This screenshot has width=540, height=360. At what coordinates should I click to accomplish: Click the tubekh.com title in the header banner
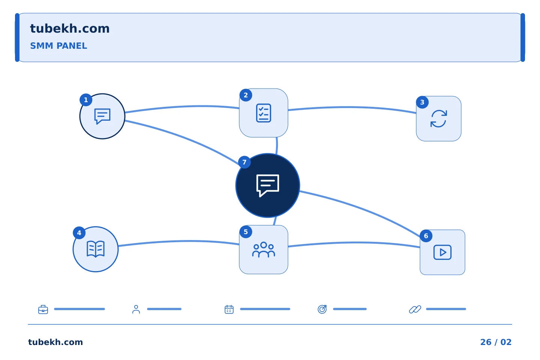pos(70,28)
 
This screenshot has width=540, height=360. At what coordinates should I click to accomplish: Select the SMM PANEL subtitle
pos(58,46)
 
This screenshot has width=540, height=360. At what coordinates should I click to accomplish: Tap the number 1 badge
pos(86,100)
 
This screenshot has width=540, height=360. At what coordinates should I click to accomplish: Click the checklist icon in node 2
pos(264,113)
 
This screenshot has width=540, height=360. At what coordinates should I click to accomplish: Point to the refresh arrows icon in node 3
pos(438,118)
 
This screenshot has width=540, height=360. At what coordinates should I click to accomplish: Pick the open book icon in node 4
pos(96,249)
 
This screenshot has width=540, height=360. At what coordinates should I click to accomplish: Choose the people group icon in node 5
pos(264,250)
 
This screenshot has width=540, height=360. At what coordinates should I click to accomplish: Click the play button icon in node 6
pos(442,252)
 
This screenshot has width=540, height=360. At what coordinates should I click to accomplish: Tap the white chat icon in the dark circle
pos(268,185)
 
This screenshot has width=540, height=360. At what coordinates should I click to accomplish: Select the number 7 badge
pos(244,162)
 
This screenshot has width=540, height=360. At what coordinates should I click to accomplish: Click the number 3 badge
pos(422,102)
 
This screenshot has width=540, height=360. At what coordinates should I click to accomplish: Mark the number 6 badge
pos(426,236)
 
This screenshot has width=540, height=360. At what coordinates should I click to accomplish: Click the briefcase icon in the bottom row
pos(43,309)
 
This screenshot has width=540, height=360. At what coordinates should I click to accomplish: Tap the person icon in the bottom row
pos(136,309)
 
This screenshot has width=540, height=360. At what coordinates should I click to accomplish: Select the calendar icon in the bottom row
pos(229,309)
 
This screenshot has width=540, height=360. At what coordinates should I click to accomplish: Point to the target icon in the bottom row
pos(322,309)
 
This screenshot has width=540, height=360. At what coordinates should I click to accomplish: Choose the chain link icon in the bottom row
pos(415,309)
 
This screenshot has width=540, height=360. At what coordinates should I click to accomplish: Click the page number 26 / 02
pos(496,342)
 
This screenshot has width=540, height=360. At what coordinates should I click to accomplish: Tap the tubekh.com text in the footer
pos(55,342)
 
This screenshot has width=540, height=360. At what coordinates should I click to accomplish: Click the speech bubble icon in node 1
pos(102,116)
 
